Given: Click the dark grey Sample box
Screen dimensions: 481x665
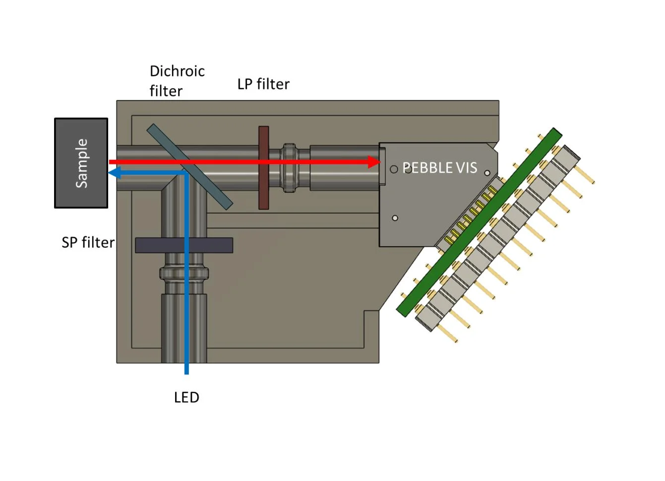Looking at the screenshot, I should coord(81,163).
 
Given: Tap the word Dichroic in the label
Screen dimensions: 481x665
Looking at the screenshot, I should coord(177,71).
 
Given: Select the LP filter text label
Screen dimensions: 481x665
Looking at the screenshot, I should coord(263,84).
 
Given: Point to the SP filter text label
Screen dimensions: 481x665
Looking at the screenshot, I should coord(88,242).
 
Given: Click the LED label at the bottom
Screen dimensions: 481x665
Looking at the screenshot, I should coord(186,397).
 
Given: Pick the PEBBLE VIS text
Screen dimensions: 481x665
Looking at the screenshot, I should coord(439,168).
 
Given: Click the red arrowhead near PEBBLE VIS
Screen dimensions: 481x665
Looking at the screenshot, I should coord(374,162).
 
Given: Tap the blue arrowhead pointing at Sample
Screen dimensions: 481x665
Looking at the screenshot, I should coord(114,173).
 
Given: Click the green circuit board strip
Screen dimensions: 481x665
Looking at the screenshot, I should coord(479,222).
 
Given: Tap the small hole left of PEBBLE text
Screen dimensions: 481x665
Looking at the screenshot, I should coord(394,169).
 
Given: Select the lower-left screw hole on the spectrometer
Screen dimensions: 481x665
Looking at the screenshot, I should coord(395,218).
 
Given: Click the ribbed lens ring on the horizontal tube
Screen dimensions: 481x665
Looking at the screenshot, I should coord(288,168).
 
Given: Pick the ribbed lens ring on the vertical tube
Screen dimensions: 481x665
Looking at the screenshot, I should coord(184,273).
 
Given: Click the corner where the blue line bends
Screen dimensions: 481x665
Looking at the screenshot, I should coord(186,173).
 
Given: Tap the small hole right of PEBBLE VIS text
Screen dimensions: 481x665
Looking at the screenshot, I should coord(487,173).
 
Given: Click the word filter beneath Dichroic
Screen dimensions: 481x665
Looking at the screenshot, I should coord(166,91).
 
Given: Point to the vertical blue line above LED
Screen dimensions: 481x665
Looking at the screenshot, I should coord(186,323).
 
